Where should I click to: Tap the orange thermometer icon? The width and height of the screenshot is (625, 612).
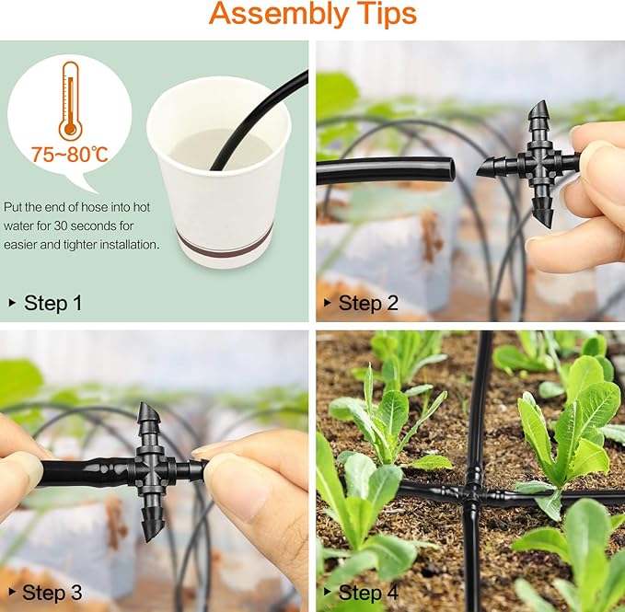69,100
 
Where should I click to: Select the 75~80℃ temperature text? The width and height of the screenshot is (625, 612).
71,153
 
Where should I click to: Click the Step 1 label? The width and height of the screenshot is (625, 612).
52,302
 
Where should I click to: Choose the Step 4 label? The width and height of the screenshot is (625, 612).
367,592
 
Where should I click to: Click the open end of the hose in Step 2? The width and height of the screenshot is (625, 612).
446,169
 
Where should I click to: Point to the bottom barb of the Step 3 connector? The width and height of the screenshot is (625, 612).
153,523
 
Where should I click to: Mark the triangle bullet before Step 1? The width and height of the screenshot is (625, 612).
12,303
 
